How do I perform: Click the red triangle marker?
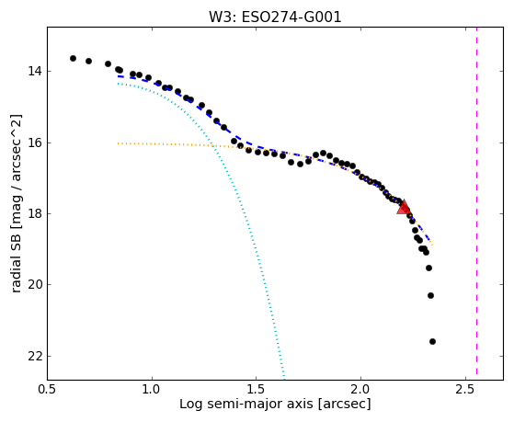[404, 207]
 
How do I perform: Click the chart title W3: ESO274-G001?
[275, 17]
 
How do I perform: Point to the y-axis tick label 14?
[34, 71]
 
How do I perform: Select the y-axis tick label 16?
[34, 143]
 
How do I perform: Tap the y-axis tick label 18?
[34, 214]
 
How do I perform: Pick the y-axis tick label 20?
[34, 285]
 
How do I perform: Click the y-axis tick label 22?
[34, 357]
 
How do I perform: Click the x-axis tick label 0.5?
[47, 390]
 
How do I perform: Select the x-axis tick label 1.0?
[152, 390]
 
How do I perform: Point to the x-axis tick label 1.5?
[256, 390]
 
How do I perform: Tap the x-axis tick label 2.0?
[360, 390]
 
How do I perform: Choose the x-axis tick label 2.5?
[465, 390]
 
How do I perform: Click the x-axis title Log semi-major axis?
[246, 405]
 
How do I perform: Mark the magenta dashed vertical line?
[476, 201]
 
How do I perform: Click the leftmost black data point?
[74, 58]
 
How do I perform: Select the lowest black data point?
[432, 341]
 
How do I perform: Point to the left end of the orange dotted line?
[118, 143]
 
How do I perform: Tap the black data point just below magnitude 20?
[430, 295]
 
